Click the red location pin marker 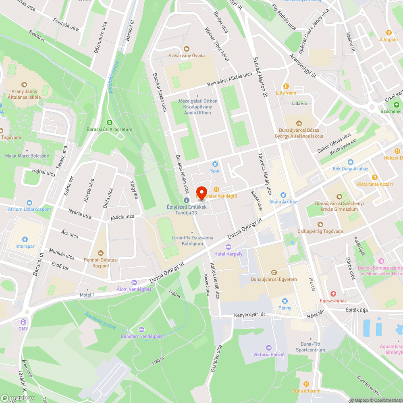click(x=201, y=192)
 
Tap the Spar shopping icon click(x=215, y=164)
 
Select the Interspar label click(x=25, y=246)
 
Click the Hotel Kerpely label click(x=229, y=254)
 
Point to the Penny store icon click(x=285, y=301)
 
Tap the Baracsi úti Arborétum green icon click(x=109, y=122)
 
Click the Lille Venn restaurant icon click(x=286, y=86)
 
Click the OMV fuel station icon click(x=23, y=322)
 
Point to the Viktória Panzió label click(x=269, y=355)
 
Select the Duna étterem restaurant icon click(x=306, y=384)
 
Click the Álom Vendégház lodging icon click(x=134, y=282)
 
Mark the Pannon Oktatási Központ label click(x=101, y=263)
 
